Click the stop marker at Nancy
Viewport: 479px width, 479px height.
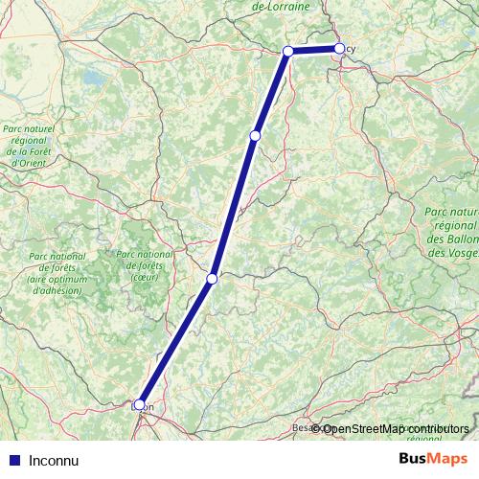(339, 48)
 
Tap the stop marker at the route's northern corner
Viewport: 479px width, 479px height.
(287, 51)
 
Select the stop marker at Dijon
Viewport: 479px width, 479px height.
(140, 404)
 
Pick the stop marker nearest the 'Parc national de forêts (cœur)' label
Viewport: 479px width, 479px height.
(212, 279)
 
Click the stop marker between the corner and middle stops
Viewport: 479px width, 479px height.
(254, 136)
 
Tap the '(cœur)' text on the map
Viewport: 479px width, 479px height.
(144, 278)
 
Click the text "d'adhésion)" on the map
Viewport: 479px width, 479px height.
(57, 289)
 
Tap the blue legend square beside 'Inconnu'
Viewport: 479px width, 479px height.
(12, 459)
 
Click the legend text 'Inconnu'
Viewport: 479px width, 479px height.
(53, 459)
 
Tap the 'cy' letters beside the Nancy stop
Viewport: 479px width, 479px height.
(351, 48)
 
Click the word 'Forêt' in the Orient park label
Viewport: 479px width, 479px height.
(42, 151)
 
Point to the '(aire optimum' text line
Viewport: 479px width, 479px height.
(57, 278)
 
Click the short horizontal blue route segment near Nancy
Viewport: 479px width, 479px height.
(313, 50)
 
